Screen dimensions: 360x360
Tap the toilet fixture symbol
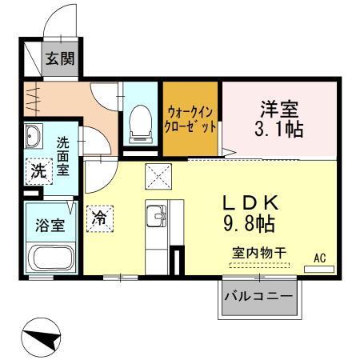(x=140, y=120)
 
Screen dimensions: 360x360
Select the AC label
(x=319, y=257)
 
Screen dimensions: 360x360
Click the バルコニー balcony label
(x=258, y=298)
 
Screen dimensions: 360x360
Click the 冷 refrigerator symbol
(x=99, y=218)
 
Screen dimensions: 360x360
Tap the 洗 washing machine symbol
(x=38, y=170)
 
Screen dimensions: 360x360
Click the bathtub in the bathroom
(x=51, y=258)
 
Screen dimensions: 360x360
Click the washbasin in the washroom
(x=33, y=138)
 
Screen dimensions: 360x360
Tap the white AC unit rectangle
(x=319, y=268)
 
